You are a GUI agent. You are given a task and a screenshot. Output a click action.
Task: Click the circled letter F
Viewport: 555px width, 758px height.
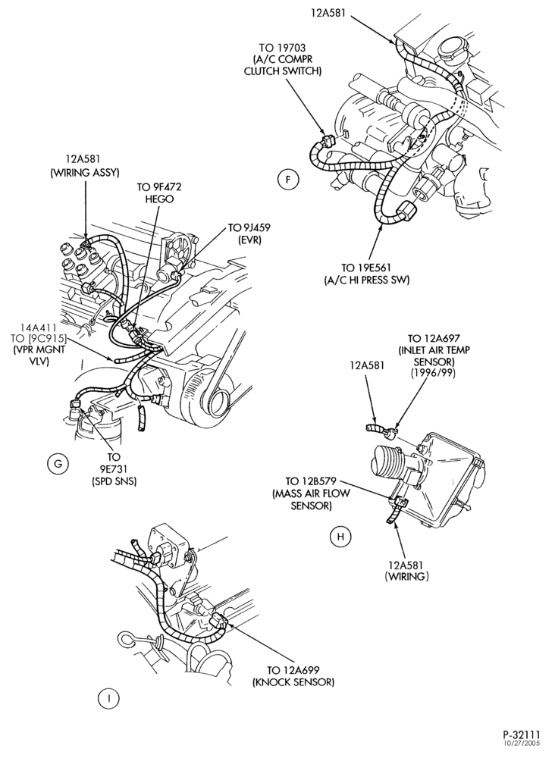[x=288, y=180]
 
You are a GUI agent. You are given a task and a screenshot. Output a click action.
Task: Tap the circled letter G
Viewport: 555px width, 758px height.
[x=58, y=464]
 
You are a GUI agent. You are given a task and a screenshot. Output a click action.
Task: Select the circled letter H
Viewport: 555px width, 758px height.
[x=341, y=537]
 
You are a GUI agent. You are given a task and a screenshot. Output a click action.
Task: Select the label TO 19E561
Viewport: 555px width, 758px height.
[x=367, y=268]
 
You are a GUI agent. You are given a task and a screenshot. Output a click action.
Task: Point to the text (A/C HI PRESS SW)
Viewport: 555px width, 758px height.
[x=367, y=280]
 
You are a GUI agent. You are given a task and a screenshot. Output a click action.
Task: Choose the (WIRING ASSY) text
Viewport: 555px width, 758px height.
[x=85, y=173]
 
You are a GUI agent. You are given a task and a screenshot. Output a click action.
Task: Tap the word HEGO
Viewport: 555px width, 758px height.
[x=159, y=199]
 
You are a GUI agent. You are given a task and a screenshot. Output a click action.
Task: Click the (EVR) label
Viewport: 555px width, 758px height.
[x=249, y=240]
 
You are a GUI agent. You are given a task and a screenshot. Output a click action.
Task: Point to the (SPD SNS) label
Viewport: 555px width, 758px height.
[x=114, y=481]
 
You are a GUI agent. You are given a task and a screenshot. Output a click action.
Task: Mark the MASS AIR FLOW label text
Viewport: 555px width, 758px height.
[x=312, y=494]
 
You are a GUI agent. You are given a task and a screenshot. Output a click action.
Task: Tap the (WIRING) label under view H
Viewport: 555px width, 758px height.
[x=406, y=577]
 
